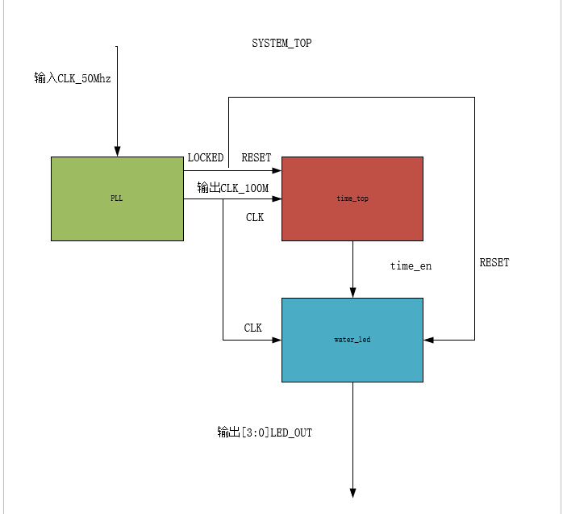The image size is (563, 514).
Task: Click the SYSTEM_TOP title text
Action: point(281,44)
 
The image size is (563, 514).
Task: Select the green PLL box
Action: point(117,198)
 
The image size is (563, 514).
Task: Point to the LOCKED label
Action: point(205,157)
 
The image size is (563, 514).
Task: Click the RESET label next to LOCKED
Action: point(256,157)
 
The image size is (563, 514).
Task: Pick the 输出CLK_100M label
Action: point(232,188)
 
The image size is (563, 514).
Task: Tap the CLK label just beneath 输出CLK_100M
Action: point(255,217)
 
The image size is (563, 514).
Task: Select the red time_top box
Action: point(352,198)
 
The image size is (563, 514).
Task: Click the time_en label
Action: point(411,265)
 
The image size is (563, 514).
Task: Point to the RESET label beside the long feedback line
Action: point(494,263)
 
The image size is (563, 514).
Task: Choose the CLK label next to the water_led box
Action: point(253,328)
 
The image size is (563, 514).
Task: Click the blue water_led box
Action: point(352,340)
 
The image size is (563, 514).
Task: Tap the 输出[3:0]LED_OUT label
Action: point(264,433)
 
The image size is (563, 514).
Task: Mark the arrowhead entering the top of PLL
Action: point(117,152)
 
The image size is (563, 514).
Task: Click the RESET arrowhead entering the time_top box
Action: point(277,171)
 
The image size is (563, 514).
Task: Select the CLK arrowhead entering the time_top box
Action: point(277,198)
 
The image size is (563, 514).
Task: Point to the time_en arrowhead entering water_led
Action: point(352,293)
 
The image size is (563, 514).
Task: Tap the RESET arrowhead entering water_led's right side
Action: point(428,340)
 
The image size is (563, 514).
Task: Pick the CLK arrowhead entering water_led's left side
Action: point(277,340)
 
